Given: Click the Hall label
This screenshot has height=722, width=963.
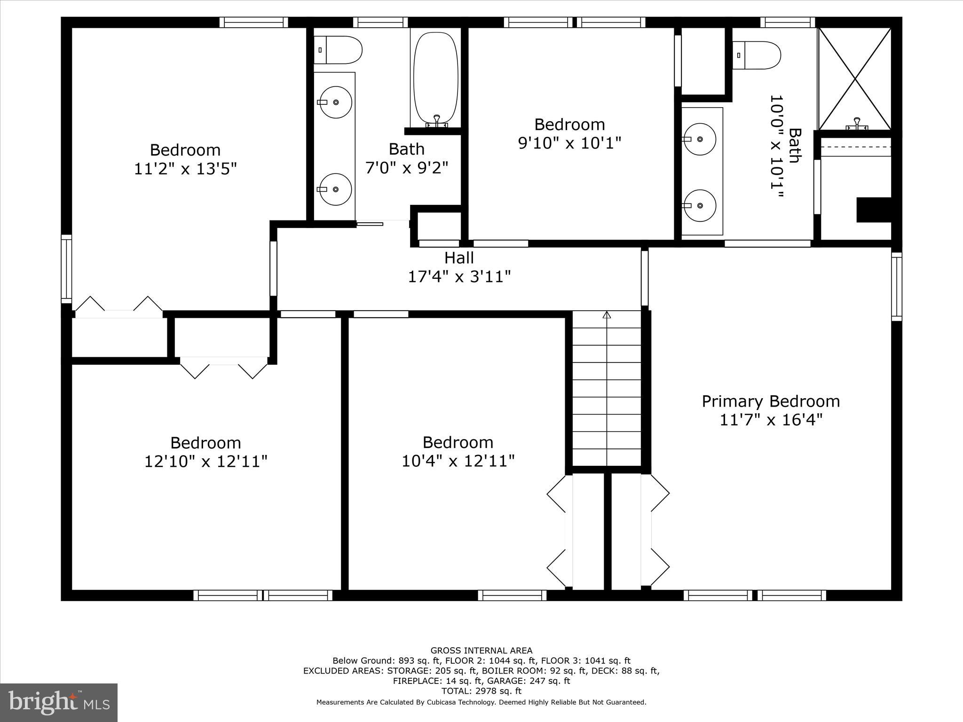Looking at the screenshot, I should click(459, 258).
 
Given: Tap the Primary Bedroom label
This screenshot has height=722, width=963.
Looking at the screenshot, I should click(771, 401).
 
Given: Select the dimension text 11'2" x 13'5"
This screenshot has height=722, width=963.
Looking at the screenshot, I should click(185, 169).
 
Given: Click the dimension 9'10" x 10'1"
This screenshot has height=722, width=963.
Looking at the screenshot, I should click(569, 143).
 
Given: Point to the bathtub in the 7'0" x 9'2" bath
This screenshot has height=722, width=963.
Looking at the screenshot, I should click(435, 78).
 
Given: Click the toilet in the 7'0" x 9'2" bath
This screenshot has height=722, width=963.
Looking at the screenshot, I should click(338, 50).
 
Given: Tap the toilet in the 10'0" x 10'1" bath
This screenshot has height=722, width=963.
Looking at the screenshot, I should click(757, 55).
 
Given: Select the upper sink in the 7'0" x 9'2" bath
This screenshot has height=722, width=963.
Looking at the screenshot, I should click(336, 102).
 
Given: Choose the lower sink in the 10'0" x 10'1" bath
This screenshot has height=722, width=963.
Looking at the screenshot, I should click(700, 206).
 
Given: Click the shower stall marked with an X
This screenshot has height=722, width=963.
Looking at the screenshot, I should click(854, 78).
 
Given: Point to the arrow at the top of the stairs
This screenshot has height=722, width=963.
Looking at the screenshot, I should click(607, 314).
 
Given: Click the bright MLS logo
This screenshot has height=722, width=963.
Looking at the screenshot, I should click(59, 702).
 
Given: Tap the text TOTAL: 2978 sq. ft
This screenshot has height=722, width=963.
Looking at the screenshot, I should click(481, 691).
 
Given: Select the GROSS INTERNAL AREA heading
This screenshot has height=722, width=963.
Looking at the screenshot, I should click(481, 651).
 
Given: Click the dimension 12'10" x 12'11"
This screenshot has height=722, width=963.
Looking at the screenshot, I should click(205, 462).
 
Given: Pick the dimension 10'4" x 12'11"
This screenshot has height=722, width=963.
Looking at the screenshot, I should click(458, 461).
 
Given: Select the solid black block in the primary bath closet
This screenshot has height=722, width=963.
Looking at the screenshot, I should click(874, 210).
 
